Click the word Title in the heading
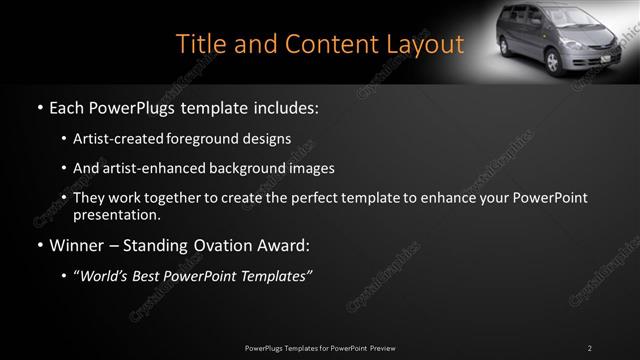198,44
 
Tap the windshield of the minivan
566,21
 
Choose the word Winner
78,245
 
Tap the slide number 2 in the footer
590,348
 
